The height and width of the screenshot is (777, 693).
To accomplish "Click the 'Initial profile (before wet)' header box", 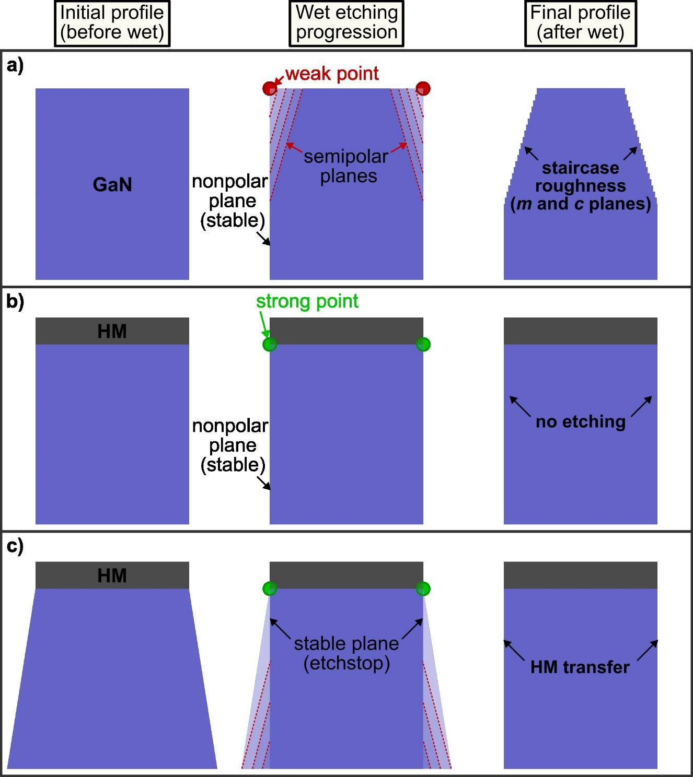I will point(112,22).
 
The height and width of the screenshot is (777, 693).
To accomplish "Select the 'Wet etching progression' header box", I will point(346,22).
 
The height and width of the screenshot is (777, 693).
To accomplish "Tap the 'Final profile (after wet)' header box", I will point(580,22).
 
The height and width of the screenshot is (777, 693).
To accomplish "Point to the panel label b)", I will point(15,302).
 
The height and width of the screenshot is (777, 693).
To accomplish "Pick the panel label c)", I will point(15,546).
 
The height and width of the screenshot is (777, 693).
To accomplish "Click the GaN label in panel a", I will point(112,184).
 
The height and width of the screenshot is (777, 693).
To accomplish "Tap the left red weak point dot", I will point(270,88).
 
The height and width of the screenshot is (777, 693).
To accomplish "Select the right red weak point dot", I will point(423,88).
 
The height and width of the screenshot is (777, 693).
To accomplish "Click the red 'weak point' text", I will point(332,74).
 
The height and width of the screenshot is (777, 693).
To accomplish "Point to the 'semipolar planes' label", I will point(346,166).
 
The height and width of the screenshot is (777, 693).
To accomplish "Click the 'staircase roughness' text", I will point(580,177).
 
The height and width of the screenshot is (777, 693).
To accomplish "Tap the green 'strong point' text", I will point(307,301).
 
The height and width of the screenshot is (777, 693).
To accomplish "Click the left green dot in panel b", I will point(270,345).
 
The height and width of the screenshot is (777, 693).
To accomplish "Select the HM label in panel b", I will point(112,331).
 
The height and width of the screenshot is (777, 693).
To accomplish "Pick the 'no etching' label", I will point(580,421).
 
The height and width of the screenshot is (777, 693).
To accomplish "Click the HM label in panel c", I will point(112,575).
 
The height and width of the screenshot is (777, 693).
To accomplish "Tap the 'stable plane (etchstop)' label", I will point(346,653).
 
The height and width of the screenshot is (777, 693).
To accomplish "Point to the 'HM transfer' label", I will point(580,667).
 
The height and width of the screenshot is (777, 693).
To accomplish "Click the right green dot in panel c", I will point(423,589).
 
